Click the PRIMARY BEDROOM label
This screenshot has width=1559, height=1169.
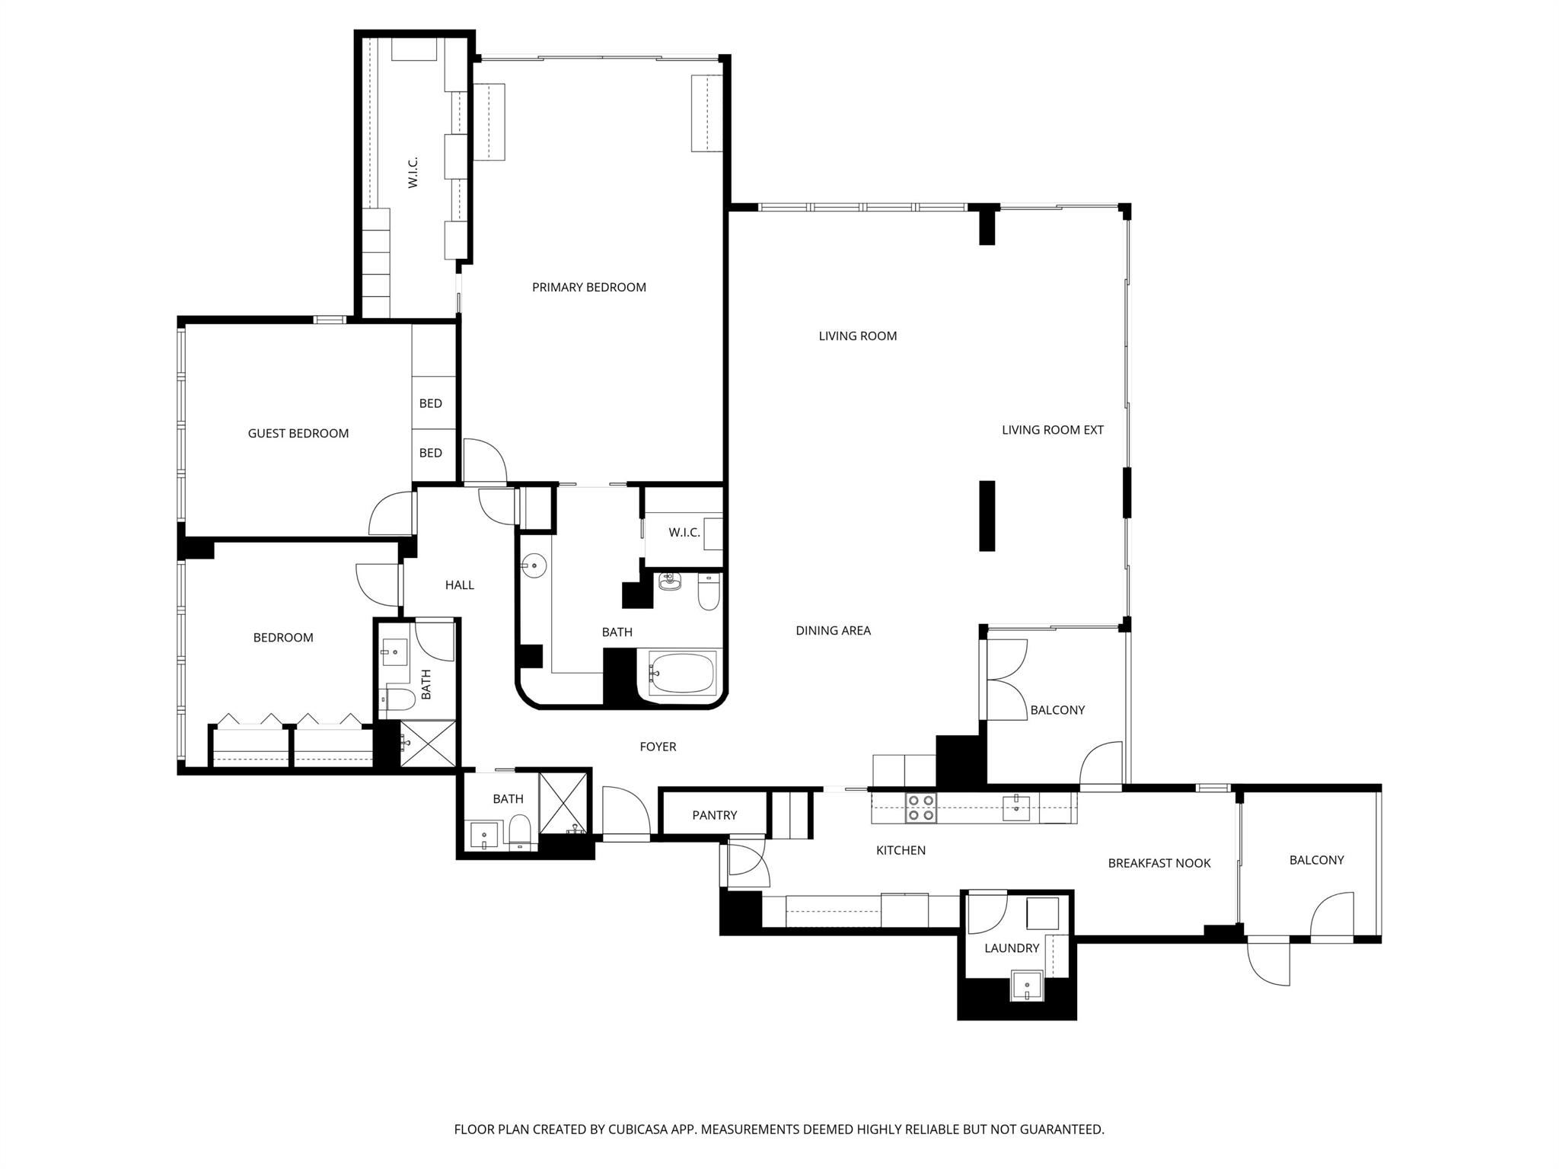click(x=588, y=287)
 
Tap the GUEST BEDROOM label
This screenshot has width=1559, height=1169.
click(x=298, y=433)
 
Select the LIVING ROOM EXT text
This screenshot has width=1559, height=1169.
click(x=1052, y=430)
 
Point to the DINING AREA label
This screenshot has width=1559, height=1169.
click(x=833, y=630)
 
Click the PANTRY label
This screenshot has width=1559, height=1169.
click(x=714, y=815)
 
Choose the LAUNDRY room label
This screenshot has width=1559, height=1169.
click(x=1011, y=948)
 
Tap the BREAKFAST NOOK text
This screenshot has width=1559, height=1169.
click(x=1159, y=863)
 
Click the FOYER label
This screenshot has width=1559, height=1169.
click(x=658, y=747)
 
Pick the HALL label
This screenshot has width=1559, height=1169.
click(x=459, y=584)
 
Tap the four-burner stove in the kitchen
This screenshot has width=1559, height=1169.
click(x=920, y=807)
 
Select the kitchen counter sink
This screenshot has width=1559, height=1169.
click(x=1015, y=807)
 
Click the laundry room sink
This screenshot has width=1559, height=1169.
click(x=1027, y=986)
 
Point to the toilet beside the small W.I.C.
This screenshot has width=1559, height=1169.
click(x=708, y=591)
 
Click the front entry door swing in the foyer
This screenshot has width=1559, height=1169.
click(x=625, y=812)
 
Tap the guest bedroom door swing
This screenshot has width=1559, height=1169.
click(x=390, y=514)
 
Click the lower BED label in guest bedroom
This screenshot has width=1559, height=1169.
click(x=430, y=453)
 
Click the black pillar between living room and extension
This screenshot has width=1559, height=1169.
click(x=987, y=515)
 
